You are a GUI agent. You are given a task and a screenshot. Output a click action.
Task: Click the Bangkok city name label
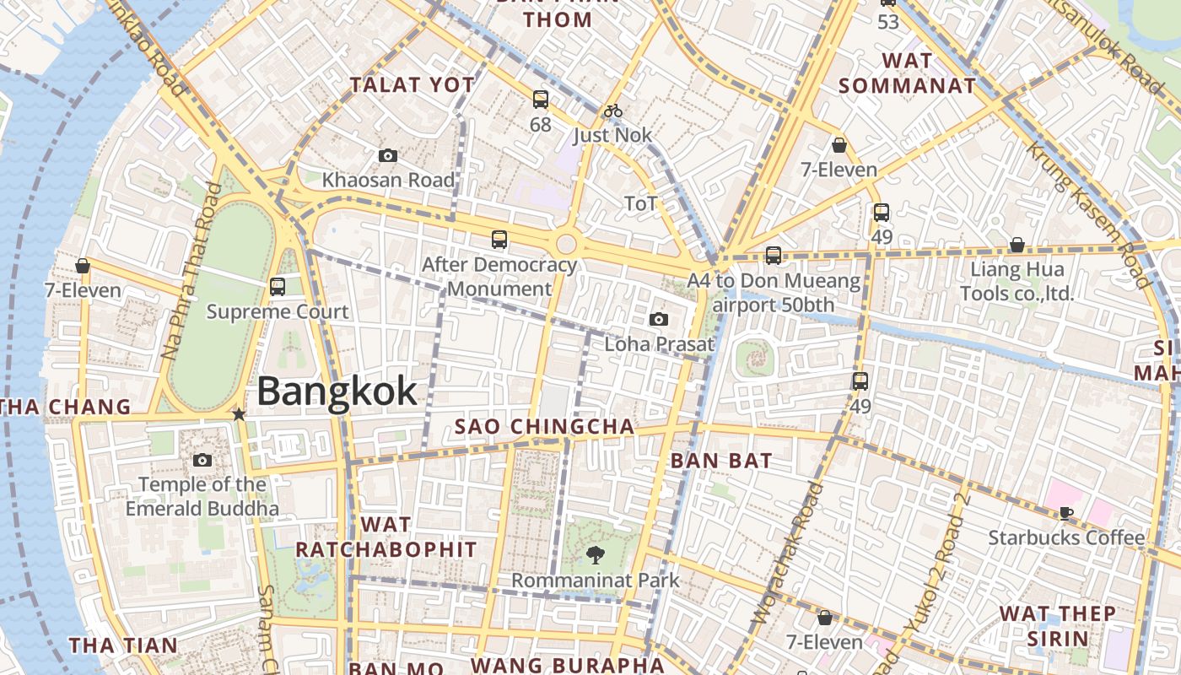point(337,391)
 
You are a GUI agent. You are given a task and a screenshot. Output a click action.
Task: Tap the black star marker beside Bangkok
point(239,414)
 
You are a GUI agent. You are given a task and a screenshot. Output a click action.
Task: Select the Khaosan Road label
point(388,180)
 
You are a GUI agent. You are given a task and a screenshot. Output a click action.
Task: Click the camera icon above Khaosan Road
point(388,155)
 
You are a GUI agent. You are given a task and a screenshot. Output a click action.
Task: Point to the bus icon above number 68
point(541,100)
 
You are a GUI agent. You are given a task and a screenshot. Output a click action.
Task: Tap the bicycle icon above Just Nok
point(613,111)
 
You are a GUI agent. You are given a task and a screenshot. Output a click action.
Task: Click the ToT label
point(640,203)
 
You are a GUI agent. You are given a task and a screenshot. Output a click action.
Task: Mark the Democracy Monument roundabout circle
point(566,245)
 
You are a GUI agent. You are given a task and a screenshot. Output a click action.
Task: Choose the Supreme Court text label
point(278,312)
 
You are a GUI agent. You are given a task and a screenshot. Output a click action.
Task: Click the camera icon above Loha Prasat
point(659,319)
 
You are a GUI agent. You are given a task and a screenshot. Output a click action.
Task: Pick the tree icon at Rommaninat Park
point(595,554)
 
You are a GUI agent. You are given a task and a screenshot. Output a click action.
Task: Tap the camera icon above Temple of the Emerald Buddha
point(202,460)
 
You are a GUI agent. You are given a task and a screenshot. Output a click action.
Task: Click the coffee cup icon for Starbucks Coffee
point(1066,512)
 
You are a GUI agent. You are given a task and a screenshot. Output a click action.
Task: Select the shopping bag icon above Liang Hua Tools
point(1017,246)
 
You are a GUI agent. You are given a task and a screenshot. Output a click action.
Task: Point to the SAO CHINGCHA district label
point(544,426)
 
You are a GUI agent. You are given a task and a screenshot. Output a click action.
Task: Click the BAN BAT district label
point(721,461)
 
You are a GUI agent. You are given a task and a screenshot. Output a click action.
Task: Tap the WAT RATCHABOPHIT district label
point(386,537)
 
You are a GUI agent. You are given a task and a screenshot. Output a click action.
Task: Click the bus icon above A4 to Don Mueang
point(774,256)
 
